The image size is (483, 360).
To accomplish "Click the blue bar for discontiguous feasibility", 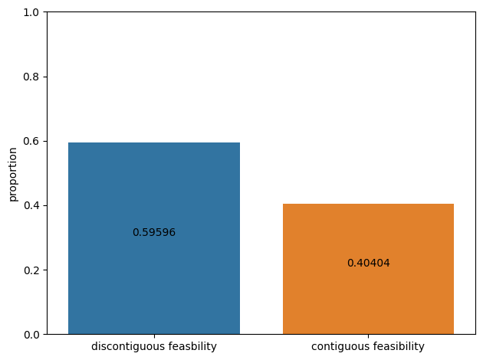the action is pos(154,238).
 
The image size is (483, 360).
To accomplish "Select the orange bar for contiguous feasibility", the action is pos(369,269).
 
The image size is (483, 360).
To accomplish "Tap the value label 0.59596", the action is pos(154,232).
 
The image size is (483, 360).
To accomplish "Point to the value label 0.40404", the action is pos(369,263).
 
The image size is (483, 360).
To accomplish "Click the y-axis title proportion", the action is pos(12,175).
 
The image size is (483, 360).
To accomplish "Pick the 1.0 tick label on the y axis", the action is pos(31,12).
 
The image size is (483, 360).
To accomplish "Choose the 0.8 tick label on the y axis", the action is pos(31,77).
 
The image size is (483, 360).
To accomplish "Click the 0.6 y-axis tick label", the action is pos(31,141).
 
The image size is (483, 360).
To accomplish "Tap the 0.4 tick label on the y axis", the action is pos(31,205).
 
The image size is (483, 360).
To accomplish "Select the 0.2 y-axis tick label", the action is pos(31,270).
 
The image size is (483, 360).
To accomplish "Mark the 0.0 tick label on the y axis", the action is pos(31,335).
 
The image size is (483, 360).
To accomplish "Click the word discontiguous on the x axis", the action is pos(124,347).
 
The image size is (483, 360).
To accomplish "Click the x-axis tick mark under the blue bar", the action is pos(154,336).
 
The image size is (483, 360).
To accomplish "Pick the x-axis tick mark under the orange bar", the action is pos(369,336).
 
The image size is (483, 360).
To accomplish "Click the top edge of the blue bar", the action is pos(154,142).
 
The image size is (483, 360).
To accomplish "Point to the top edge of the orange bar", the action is pos(369,204).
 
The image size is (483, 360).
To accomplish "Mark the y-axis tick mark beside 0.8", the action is pos(45,77).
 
